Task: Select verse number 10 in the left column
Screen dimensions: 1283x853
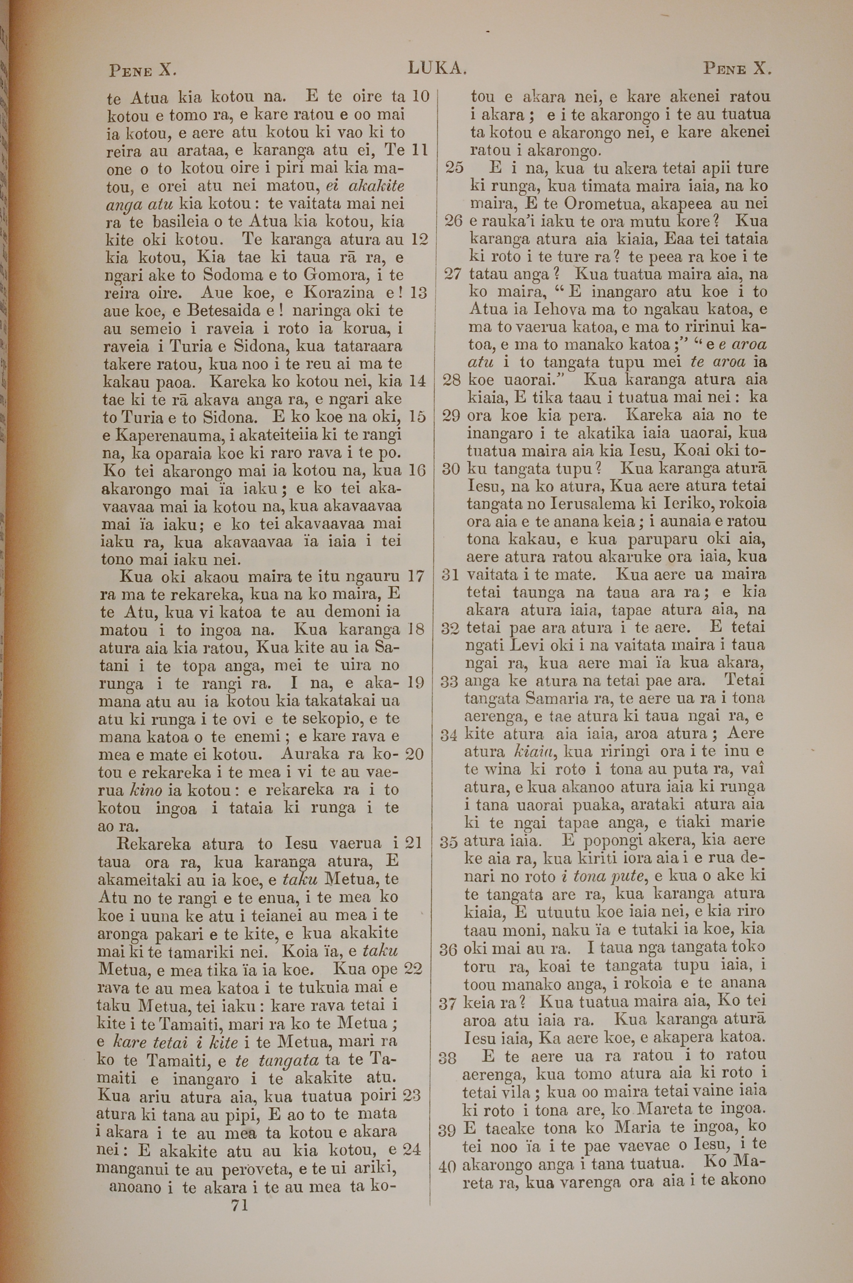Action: click(420, 96)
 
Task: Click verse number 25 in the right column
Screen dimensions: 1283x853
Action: click(454, 168)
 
